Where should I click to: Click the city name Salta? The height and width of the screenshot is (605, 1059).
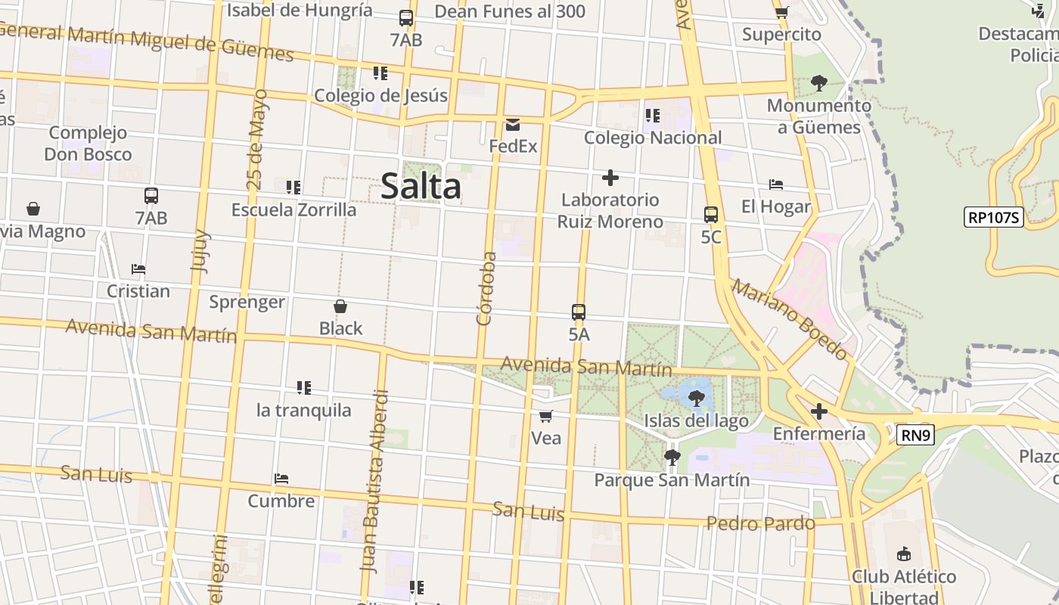pyautogui.click(x=421, y=186)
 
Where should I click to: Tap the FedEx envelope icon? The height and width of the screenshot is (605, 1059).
pyautogui.click(x=513, y=125)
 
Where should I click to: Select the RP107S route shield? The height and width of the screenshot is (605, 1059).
pyautogui.click(x=994, y=218)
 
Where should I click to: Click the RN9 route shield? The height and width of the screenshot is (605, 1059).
pyautogui.click(x=915, y=435)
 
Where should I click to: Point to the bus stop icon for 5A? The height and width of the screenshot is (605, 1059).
pyautogui.click(x=579, y=312)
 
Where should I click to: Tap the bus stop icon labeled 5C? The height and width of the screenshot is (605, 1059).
pyautogui.click(x=711, y=215)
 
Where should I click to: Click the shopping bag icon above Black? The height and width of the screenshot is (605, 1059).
pyautogui.click(x=340, y=306)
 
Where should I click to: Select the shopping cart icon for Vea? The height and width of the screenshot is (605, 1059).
pyautogui.click(x=545, y=417)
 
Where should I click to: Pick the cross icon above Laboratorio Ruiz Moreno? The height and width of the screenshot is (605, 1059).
pyautogui.click(x=610, y=178)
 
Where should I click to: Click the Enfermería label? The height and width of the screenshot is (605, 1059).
pyautogui.click(x=818, y=434)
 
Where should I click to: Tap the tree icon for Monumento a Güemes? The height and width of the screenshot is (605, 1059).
pyautogui.click(x=818, y=82)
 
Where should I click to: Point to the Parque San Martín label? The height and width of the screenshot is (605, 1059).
pyautogui.click(x=672, y=480)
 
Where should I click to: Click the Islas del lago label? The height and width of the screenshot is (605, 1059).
pyautogui.click(x=696, y=421)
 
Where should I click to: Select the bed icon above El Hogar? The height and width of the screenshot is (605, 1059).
pyautogui.click(x=775, y=185)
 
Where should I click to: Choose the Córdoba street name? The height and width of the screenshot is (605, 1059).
pyautogui.click(x=487, y=288)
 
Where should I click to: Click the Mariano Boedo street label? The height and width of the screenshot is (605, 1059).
pyautogui.click(x=789, y=319)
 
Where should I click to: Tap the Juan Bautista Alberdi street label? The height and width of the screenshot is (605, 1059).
pyautogui.click(x=375, y=481)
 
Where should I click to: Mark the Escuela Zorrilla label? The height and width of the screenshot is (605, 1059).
pyautogui.click(x=293, y=209)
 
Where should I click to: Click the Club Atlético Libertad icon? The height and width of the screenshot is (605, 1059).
pyautogui.click(x=903, y=554)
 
